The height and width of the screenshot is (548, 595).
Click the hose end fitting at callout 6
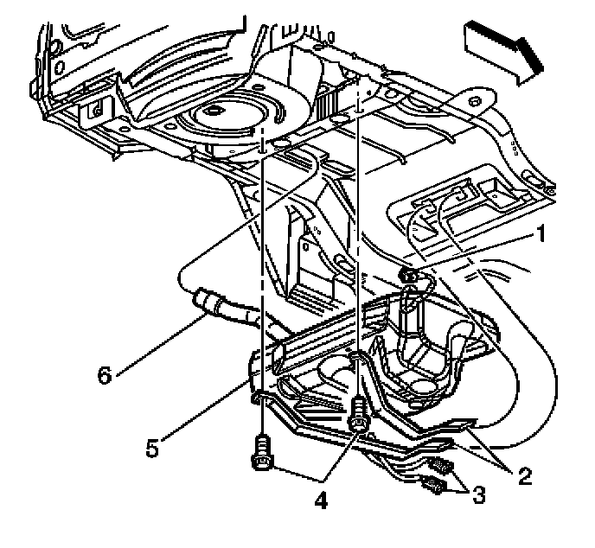point(208,303)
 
